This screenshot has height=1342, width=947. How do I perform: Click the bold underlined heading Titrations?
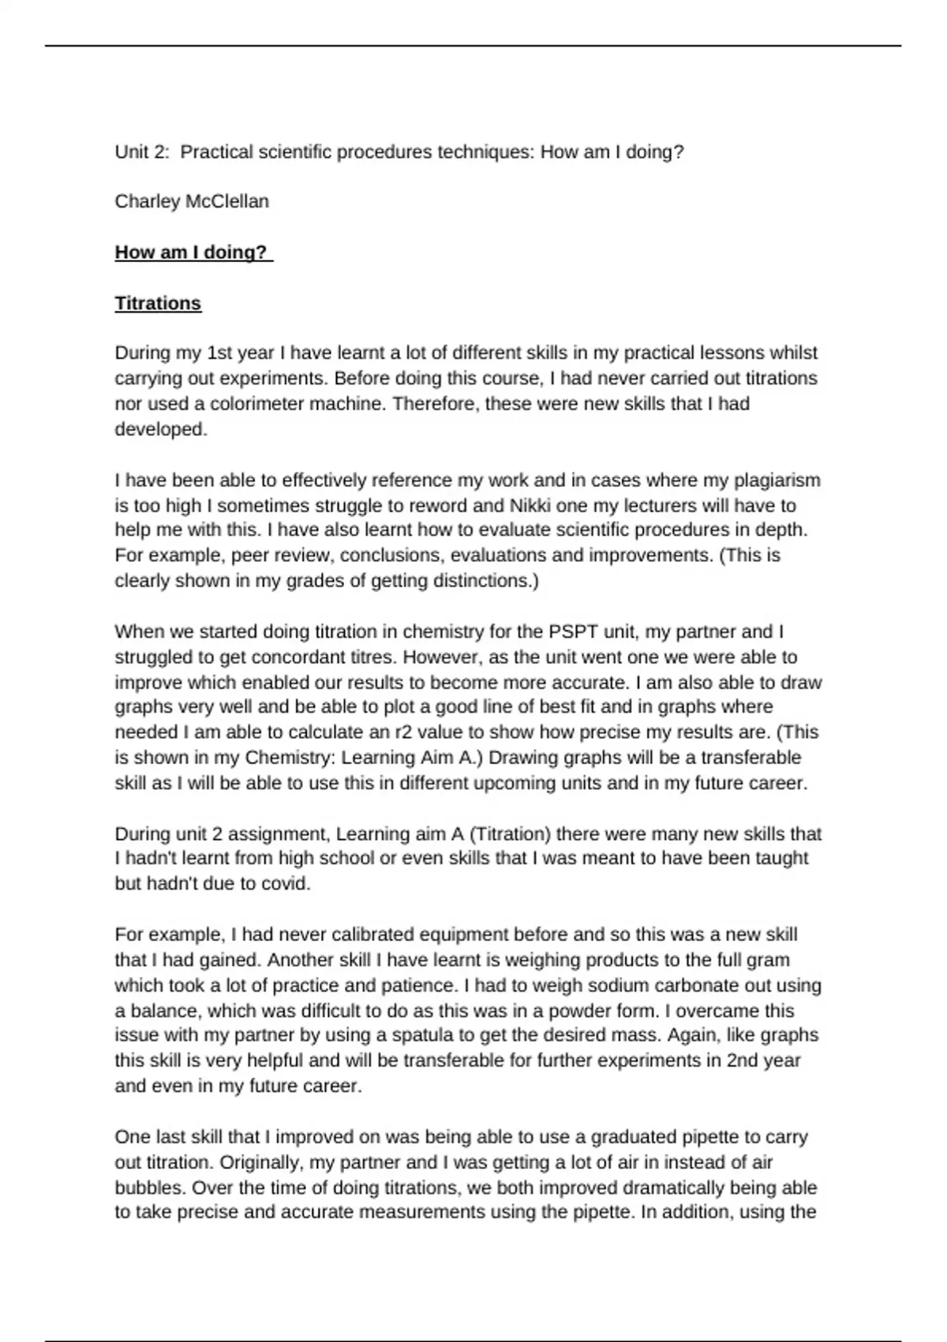158,303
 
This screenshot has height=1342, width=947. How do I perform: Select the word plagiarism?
777,480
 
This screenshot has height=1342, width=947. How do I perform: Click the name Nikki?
530,505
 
